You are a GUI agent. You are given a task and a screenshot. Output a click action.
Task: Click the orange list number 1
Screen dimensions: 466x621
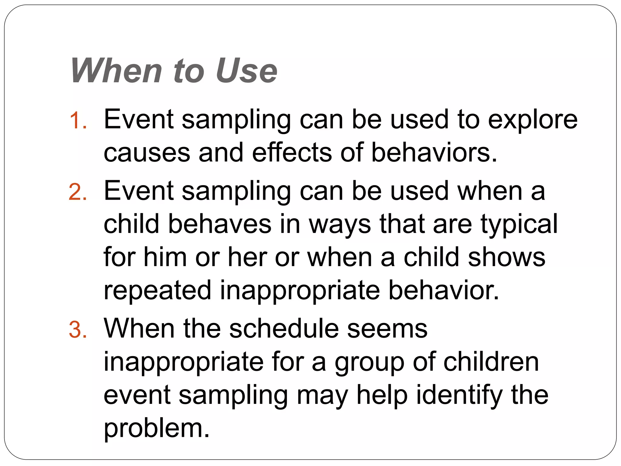(78, 121)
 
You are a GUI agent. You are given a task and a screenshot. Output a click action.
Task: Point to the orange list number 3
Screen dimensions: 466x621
(78, 330)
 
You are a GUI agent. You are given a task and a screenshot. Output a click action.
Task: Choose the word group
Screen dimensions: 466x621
(369, 363)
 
